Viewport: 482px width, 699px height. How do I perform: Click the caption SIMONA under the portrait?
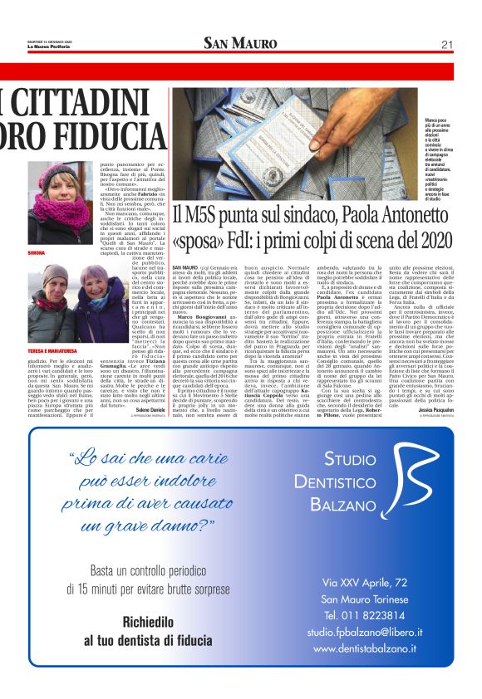37,251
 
